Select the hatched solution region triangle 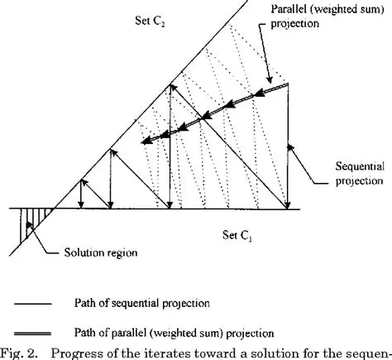point(34,223)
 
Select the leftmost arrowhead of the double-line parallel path point(145,142)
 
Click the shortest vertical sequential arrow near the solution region point(79,194)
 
